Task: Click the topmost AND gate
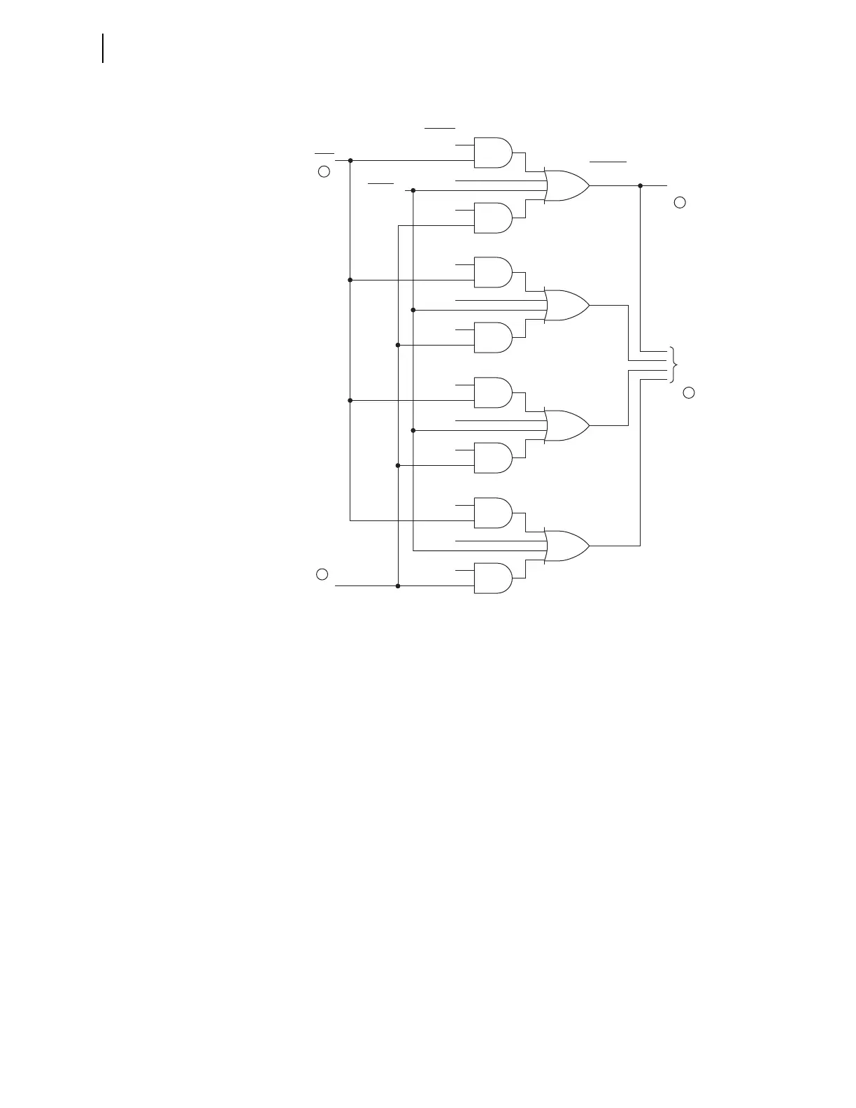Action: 492,152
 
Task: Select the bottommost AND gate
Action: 492,578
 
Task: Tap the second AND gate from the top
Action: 492,218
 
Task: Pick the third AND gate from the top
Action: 492,272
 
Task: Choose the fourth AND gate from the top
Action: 492,337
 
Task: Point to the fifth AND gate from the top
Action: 492,392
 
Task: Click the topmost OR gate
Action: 566,186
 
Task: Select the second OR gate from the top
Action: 566,305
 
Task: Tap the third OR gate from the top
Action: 566,425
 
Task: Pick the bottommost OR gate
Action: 566,546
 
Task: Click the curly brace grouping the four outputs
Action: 673,364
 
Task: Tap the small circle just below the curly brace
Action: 689,392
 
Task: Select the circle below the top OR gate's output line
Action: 680,203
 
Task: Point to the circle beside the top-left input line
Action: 324,171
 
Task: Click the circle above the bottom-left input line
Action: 322,574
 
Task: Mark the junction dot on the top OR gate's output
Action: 640,186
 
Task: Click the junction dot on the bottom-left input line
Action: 398,586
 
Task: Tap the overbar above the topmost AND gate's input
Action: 440,129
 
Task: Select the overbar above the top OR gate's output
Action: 608,162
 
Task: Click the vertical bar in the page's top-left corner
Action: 104,48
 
